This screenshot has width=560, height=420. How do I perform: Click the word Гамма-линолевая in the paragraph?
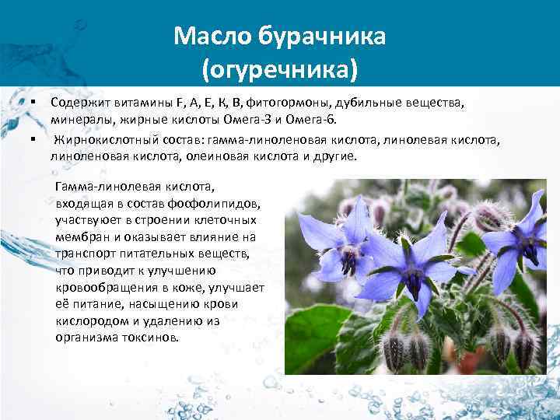tap(100, 187)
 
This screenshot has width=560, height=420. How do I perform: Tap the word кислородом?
tap(87, 320)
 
